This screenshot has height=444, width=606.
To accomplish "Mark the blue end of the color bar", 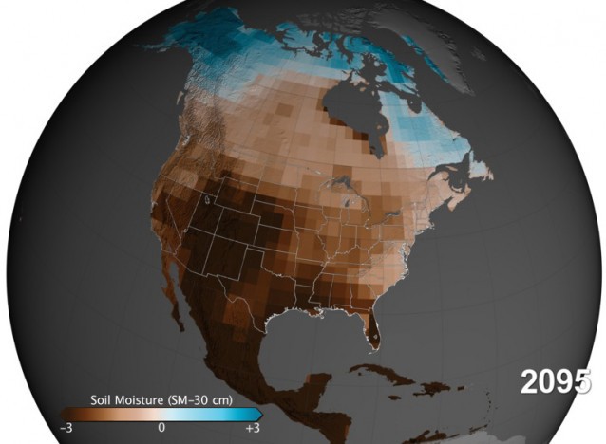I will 250,414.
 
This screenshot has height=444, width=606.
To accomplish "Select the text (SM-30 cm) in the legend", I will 200,398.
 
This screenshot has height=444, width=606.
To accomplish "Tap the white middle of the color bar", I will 161,414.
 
